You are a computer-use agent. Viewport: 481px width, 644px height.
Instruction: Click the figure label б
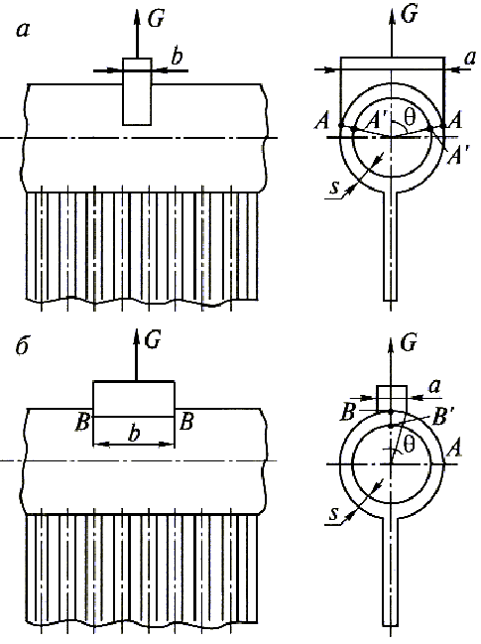[x=22, y=347]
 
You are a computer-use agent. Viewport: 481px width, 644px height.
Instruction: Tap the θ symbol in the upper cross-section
[x=410, y=117]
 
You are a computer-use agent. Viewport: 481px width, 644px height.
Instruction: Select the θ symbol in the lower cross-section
[x=409, y=446]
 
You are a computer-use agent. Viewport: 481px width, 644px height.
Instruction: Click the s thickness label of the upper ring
[x=334, y=189]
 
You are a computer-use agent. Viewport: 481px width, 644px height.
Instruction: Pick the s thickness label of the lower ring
[x=334, y=514]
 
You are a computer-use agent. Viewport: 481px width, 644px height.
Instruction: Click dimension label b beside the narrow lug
[x=177, y=57]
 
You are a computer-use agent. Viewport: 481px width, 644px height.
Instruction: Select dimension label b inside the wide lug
[x=133, y=434]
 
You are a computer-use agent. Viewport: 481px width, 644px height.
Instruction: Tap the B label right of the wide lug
[x=186, y=422]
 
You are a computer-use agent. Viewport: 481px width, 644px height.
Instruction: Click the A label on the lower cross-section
[x=454, y=449]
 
